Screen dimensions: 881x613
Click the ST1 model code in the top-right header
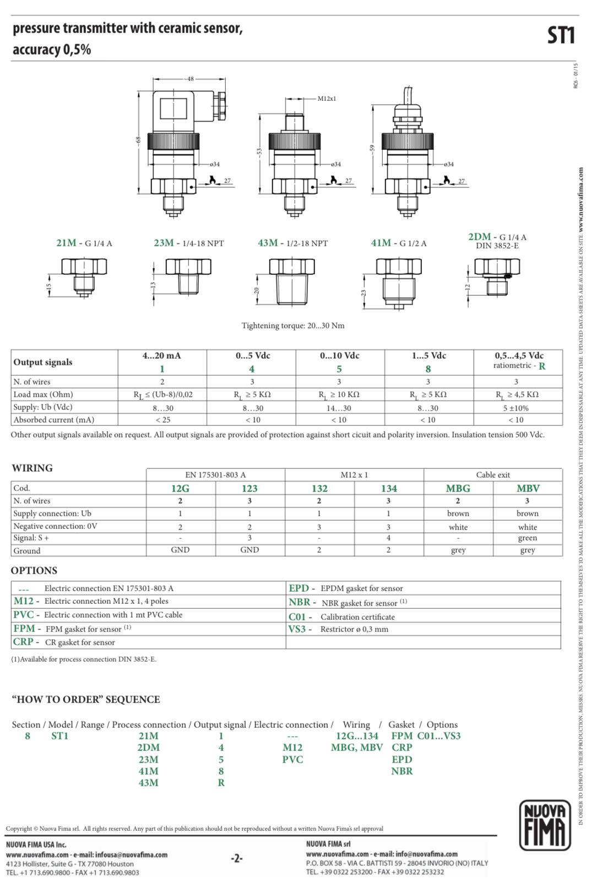561,36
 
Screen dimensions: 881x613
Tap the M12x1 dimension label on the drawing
327,98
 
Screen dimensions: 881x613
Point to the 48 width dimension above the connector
190,79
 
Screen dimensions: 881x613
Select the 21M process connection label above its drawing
66,243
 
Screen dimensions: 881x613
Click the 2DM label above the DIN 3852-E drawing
479,237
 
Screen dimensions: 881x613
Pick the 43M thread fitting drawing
291,282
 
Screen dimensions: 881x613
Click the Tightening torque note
292,326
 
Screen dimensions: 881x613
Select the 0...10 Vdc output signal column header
339,356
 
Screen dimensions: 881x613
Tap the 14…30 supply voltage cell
339,408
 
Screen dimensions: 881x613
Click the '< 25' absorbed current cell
162,420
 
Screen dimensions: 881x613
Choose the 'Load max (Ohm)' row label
43,394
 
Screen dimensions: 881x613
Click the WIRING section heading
32,468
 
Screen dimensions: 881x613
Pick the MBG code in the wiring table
458,489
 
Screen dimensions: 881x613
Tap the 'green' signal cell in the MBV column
527,538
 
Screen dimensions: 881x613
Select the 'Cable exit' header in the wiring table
493,475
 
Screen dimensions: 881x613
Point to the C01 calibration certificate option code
297,617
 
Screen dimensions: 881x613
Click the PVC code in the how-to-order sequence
292,759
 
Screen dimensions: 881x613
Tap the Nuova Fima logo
545,825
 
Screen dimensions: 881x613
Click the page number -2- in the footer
236,858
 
